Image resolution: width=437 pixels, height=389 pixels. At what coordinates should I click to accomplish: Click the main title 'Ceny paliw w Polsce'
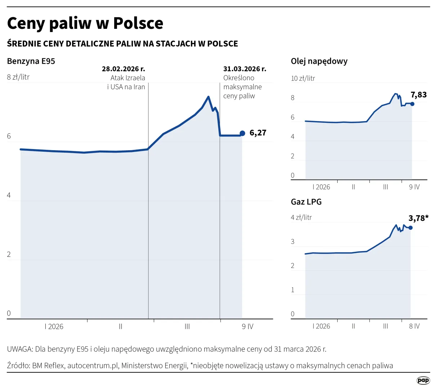coord(85,23)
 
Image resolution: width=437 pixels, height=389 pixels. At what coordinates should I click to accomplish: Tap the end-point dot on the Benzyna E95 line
coord(242,133)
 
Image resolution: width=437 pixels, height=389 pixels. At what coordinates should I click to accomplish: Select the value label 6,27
coord(258,133)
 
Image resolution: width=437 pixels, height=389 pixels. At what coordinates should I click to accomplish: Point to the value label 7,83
coord(419,95)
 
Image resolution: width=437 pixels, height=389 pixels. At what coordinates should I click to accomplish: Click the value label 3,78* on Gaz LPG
coord(418,218)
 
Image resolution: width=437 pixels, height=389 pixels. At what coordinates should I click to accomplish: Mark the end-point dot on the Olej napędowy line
coord(412,104)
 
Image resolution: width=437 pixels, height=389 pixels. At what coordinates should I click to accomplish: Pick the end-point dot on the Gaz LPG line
coord(410,228)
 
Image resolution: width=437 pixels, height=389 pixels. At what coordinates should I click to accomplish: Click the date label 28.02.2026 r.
coord(123,69)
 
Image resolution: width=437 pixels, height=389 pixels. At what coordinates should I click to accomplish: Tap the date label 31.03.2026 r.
coord(245,69)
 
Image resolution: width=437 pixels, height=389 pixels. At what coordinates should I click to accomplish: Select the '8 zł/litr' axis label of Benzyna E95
coord(18,77)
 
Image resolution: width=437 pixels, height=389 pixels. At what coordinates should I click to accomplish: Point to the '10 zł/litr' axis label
coord(303,78)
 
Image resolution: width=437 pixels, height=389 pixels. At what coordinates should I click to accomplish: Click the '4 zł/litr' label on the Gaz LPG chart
coord(301,218)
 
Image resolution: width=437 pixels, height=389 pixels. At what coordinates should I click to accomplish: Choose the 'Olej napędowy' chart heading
coord(319,61)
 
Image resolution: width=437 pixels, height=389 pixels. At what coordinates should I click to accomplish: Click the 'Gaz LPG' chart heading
coord(306,202)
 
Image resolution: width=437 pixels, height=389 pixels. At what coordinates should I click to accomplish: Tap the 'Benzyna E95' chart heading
coord(31,61)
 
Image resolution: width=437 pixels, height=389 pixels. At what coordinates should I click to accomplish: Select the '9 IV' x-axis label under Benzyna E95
coord(248,327)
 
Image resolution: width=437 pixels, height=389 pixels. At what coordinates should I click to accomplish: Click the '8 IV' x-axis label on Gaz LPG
coord(414,326)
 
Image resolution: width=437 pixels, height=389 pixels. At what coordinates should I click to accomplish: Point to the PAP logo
coord(423,380)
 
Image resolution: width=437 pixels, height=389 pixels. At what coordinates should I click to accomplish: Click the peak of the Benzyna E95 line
coord(208,97)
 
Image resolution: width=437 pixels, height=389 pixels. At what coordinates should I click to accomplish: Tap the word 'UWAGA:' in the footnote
coord(20,349)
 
